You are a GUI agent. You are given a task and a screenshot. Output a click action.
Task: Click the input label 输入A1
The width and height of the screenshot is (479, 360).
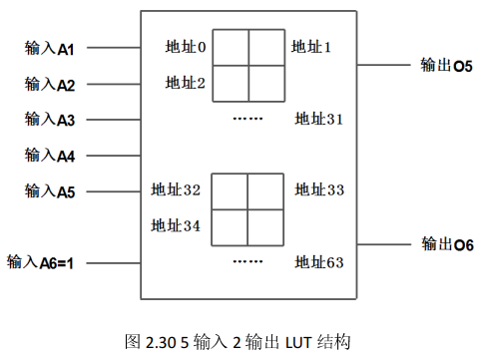(51, 47)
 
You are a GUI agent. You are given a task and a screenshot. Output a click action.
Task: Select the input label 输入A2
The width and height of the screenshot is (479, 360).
(51, 84)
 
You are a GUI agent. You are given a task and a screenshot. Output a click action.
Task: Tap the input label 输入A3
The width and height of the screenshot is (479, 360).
(51, 120)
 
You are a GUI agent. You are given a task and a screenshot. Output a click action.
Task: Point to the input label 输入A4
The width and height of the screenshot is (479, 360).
(51, 156)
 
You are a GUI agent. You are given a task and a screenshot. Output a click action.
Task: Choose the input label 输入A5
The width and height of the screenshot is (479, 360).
(51, 191)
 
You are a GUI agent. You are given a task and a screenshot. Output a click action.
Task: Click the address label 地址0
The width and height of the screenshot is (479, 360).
(186, 47)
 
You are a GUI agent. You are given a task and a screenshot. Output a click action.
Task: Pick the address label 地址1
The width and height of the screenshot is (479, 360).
(311, 47)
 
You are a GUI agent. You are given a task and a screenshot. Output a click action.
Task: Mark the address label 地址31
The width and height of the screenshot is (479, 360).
(319, 120)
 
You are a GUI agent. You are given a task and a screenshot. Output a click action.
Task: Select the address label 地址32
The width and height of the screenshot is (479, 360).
(177, 189)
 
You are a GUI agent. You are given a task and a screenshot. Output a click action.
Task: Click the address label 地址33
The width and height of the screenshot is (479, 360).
(319, 189)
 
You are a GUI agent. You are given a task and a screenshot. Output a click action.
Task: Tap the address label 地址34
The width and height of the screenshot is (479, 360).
(177, 226)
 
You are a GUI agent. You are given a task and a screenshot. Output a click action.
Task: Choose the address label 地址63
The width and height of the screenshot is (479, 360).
(319, 263)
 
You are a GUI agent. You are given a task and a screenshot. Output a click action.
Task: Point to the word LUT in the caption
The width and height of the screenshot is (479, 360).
(297, 341)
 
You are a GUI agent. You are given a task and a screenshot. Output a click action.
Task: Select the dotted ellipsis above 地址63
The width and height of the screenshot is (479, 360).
(247, 262)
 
